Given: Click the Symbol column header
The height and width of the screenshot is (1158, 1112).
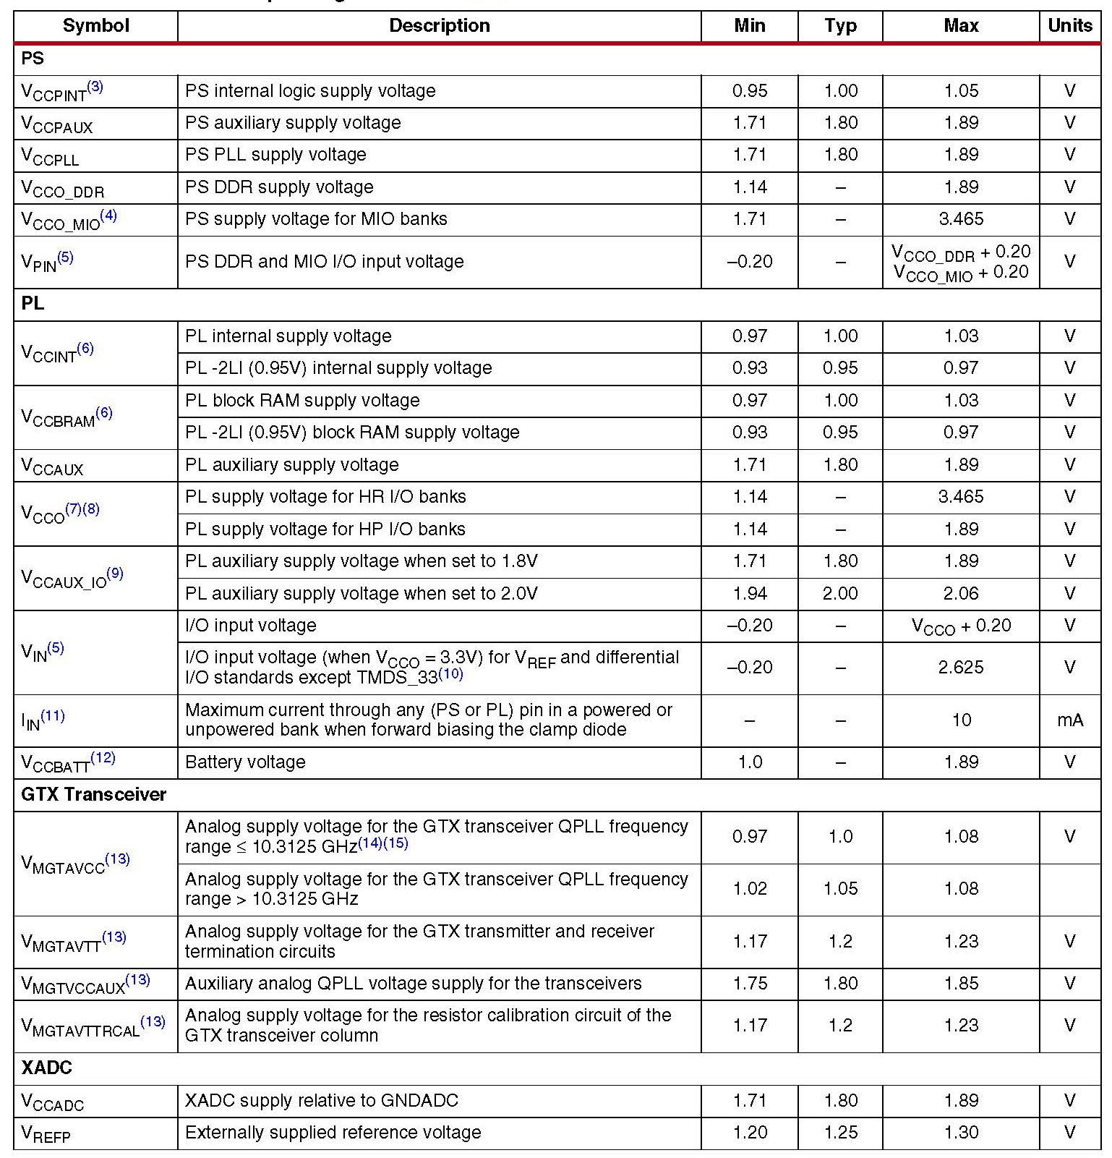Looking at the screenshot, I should (x=95, y=26).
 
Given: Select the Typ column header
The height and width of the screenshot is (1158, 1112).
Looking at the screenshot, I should (x=840, y=26).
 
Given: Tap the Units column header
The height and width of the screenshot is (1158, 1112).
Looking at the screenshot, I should (x=1069, y=26).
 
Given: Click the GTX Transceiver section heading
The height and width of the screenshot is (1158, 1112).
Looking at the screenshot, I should (x=94, y=794).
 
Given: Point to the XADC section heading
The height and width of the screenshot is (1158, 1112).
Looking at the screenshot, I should (x=46, y=1068).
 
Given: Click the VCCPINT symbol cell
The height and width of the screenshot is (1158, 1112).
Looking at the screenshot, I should (x=62, y=91).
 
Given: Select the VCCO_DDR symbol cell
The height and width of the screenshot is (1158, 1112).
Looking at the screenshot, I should (x=63, y=188).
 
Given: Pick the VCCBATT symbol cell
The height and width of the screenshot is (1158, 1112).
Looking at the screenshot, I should (x=68, y=762).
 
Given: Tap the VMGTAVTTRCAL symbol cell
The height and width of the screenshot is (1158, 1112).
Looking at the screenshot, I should (x=93, y=1026).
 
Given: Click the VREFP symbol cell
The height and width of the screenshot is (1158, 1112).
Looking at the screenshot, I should (x=46, y=1133).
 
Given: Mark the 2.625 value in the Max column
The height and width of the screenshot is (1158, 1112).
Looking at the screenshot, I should (x=961, y=667).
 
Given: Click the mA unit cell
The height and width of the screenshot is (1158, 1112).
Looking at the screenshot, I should (x=1069, y=720).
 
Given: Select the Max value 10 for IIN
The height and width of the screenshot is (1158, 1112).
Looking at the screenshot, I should (x=961, y=720).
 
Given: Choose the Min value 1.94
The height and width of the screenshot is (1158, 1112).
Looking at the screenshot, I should (x=750, y=594).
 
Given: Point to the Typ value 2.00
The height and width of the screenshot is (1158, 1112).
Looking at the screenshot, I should (x=840, y=594).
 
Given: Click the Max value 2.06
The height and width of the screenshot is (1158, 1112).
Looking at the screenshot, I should (x=961, y=594).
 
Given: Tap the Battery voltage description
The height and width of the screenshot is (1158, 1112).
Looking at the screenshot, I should (x=245, y=762).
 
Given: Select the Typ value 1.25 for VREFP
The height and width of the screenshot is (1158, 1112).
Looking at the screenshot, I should (x=840, y=1133).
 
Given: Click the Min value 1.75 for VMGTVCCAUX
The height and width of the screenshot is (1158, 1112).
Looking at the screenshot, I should (x=750, y=984).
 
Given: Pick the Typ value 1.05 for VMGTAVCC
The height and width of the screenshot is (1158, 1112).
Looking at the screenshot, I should (x=840, y=889).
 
